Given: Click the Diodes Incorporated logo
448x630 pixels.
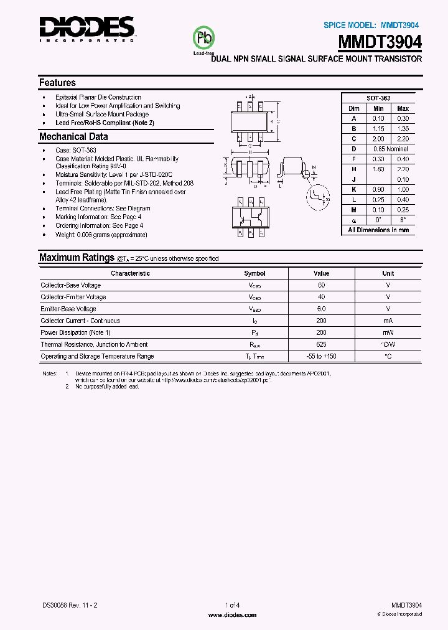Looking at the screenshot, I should (x=86, y=28).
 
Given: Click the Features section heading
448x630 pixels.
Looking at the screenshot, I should (x=57, y=83).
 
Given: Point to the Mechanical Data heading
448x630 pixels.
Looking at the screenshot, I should (x=73, y=137).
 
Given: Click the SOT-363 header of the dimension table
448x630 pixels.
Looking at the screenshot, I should (x=378, y=98).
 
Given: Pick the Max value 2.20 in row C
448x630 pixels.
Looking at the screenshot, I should (x=403, y=139).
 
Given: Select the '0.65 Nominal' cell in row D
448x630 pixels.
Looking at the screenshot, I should (x=390, y=149).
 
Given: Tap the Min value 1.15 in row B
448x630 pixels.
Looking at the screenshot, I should (x=378, y=129).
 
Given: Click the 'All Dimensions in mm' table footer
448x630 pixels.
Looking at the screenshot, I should (x=378, y=230).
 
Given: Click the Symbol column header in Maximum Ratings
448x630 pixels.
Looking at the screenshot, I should (x=254, y=273).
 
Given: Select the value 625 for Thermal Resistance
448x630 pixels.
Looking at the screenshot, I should (x=321, y=344).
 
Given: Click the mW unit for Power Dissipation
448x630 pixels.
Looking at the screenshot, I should (x=388, y=332).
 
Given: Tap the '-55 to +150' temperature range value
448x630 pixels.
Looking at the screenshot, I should (x=321, y=356).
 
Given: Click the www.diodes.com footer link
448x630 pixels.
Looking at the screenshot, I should (x=231, y=614).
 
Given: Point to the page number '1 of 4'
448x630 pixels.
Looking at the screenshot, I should (x=231, y=605).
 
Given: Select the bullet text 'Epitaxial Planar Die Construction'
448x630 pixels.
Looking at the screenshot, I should (x=98, y=98).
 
